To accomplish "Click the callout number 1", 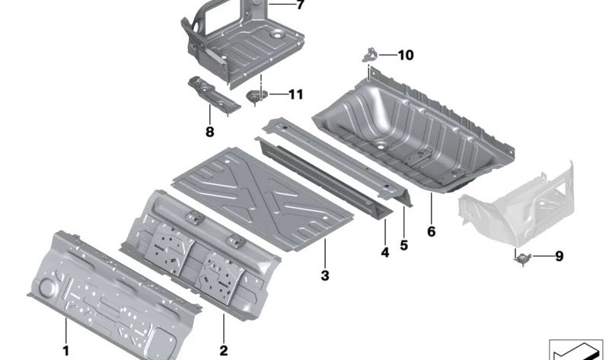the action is click(65, 351).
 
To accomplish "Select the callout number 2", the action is click(223, 351).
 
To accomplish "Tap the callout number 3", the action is click(325, 276).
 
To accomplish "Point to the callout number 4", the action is click(384, 253).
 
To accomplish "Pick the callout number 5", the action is click(404, 245).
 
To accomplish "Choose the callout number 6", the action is click(431, 231).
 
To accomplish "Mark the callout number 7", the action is click(300, 5).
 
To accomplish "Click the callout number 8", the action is click(210, 132).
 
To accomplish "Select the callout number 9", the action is click(559, 256).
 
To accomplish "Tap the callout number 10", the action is click(406, 55).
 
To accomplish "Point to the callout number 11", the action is click(295, 94).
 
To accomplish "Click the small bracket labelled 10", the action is click(370, 54).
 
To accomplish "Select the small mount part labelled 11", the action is click(257, 96).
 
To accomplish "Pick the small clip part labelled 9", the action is click(521, 259).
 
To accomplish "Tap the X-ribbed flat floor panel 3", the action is click(263, 198).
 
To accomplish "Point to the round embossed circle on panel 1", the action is click(47, 287).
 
